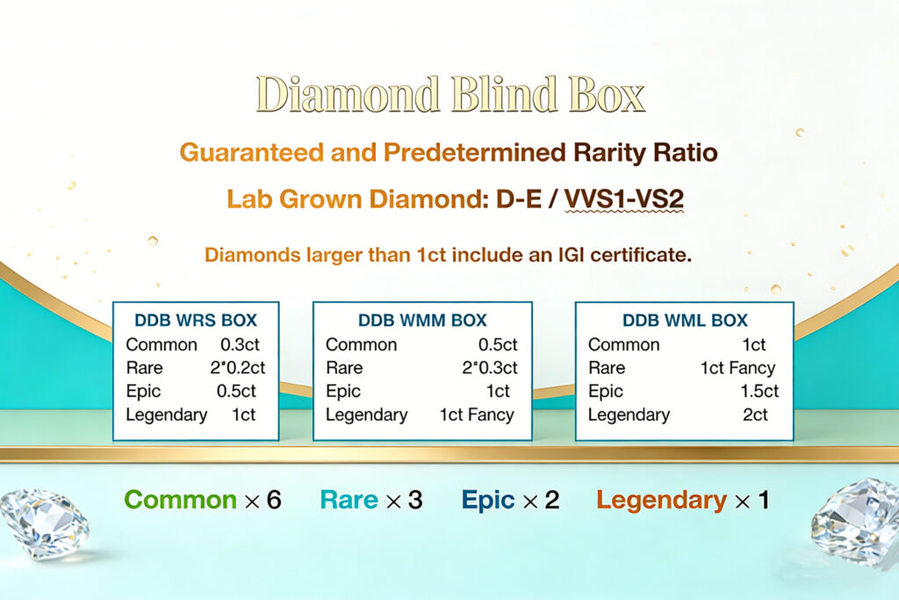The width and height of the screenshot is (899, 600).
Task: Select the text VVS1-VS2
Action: tap(623, 199)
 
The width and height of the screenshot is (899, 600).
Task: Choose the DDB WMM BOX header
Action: tap(422, 320)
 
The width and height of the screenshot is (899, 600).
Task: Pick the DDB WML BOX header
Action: tap(684, 320)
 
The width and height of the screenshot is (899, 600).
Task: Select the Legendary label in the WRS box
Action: tap(167, 415)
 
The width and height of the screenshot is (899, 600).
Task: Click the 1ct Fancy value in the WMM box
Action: tap(477, 415)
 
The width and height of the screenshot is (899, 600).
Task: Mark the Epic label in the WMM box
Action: tap(342, 392)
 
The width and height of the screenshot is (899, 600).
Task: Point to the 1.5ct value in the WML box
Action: tap(759, 392)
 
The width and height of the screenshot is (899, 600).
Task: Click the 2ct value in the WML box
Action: tap(755, 415)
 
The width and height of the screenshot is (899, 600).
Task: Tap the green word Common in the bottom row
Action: tap(180, 500)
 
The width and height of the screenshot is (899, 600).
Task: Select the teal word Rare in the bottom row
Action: tap(349, 500)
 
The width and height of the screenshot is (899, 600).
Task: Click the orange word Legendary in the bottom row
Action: tap(661, 500)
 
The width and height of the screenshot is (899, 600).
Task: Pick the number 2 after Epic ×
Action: tap(551, 500)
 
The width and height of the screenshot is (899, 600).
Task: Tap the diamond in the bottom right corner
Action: tap(855, 520)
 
